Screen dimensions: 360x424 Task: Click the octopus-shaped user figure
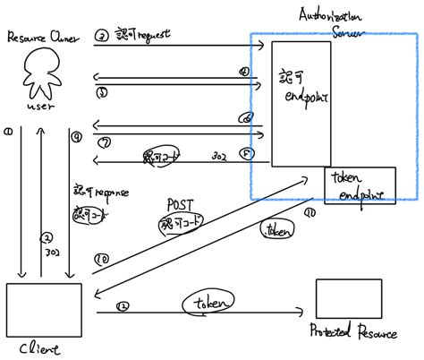tap(40, 73)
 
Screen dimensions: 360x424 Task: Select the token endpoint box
tap(360, 185)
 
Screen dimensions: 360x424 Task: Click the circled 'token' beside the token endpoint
tap(276, 230)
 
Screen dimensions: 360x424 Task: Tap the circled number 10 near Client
tap(101, 260)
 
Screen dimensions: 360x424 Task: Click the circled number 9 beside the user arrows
tap(77, 137)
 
